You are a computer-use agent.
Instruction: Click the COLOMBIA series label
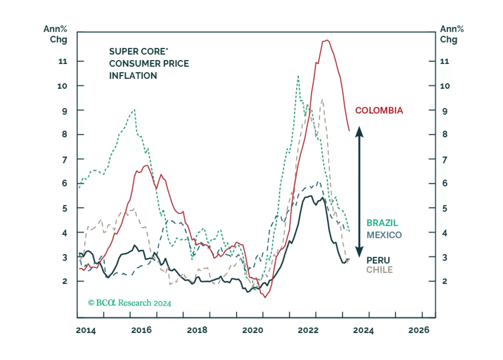[x=379, y=110]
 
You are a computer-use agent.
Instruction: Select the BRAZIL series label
[x=382, y=223]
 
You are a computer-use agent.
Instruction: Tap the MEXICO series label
[x=384, y=235]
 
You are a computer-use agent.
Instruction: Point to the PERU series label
[x=378, y=260]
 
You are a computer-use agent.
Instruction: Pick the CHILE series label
[x=379, y=270]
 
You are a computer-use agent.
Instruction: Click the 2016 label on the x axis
[x=141, y=330]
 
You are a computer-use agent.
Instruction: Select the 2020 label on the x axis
[x=252, y=330]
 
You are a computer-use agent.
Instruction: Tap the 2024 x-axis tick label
[x=363, y=330]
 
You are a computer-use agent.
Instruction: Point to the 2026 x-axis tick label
[x=419, y=330]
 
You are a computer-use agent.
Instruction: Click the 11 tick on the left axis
[x=63, y=61]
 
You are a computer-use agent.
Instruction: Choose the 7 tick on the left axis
[x=65, y=160]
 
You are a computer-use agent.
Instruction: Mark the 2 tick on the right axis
[x=444, y=281]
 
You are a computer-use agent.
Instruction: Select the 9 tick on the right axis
[x=444, y=111]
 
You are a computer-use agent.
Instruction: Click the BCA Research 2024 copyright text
[x=129, y=303]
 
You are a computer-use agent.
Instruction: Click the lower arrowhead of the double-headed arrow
[x=359, y=252]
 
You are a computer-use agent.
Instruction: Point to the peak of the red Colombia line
[x=327, y=40]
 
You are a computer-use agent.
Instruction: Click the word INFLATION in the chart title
[x=133, y=76]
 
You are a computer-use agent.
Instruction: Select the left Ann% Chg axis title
[x=56, y=34]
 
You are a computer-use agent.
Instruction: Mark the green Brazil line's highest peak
[x=298, y=76]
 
